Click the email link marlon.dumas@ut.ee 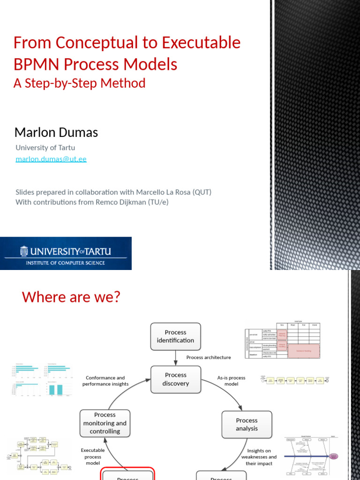click(51, 159)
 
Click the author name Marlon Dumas click(56, 133)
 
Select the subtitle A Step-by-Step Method click(79, 83)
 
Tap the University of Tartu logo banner click(66, 253)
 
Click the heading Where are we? click(71, 297)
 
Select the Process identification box click(175, 337)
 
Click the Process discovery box click(175, 379)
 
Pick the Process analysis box click(247, 424)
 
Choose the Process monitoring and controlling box click(105, 423)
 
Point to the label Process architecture click(209, 357)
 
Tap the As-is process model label click(231, 381)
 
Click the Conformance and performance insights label click(105, 381)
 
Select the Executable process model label click(93, 457)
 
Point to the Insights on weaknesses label click(259, 457)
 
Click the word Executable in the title click(201, 43)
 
